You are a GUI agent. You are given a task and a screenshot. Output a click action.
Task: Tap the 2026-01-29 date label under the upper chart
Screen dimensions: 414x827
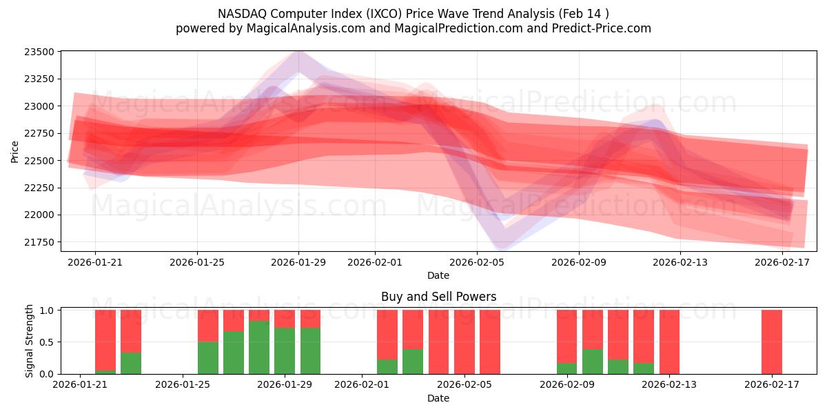coord(298,262)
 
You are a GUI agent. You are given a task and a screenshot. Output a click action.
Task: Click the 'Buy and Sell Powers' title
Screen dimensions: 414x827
coord(438,297)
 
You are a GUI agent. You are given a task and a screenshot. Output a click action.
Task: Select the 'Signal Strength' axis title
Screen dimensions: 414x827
coord(29,341)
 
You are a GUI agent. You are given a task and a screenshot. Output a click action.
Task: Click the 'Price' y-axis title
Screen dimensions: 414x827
coord(15,152)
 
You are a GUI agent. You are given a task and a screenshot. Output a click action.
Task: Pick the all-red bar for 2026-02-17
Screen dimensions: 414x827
coord(772,342)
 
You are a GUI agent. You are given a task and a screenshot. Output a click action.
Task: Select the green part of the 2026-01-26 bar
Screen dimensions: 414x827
coord(208,357)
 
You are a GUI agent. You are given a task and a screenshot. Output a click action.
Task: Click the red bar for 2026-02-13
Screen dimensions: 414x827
coord(670,342)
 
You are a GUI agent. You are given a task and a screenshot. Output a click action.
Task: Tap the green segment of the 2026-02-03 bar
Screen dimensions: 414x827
coord(413,362)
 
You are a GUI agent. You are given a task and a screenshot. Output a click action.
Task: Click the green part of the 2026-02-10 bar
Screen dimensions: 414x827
coord(593,362)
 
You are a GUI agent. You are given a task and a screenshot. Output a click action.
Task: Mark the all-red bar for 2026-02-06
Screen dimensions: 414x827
coord(490,342)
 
